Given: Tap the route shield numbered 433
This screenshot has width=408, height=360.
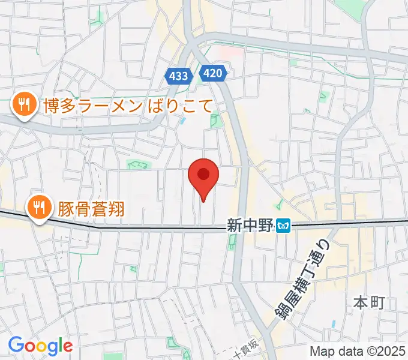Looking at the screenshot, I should point(178,76).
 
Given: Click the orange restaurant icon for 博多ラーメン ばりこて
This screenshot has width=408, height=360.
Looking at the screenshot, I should point(23,106).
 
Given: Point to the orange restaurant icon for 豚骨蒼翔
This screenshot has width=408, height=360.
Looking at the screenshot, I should point(39,208).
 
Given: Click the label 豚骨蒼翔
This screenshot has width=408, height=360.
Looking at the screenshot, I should point(92,208).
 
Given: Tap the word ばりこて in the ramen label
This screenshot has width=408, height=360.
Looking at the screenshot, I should point(179,106).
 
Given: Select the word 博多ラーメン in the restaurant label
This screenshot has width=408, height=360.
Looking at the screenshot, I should point(92,106).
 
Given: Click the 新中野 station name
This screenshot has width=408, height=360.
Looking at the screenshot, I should point(250,226).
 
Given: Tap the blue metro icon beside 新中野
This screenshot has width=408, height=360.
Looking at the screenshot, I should point(284,226).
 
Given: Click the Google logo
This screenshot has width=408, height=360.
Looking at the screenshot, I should point(40,346).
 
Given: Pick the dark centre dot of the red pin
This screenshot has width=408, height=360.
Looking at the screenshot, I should point(203,173).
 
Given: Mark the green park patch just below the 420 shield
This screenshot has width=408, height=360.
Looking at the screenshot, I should point(215,121).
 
